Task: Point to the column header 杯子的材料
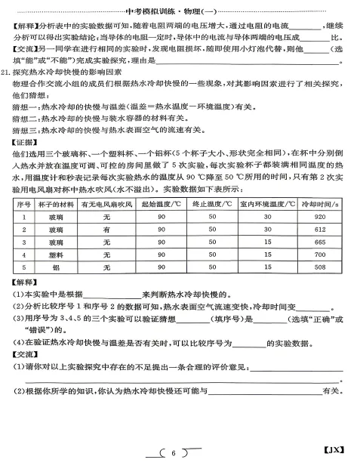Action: coord(57,204)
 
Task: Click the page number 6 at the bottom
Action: coord(173,453)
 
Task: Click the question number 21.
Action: coord(7,73)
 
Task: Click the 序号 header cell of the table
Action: coord(23,204)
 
